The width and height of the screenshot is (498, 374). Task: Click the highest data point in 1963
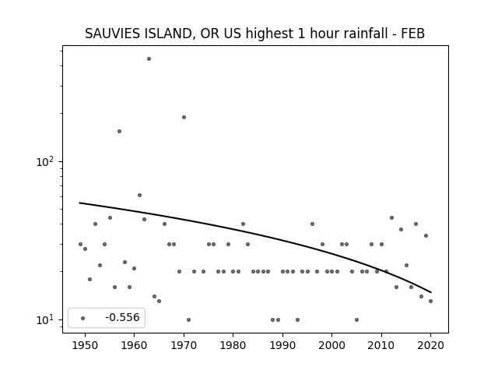(149, 59)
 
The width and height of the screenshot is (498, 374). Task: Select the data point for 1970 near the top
(184, 118)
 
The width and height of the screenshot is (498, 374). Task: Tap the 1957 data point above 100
(119, 132)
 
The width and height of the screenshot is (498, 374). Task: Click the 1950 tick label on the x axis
(85, 345)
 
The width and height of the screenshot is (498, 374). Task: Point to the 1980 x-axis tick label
(233, 345)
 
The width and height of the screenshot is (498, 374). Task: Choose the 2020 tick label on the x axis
(430, 345)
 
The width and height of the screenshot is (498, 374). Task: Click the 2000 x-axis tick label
(332, 345)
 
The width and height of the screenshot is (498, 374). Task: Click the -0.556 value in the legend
(123, 317)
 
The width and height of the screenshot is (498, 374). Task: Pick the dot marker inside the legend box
(83, 318)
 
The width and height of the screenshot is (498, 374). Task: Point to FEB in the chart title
(413, 34)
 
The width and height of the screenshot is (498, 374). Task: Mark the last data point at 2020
(430, 302)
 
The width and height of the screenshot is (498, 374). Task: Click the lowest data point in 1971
(188, 320)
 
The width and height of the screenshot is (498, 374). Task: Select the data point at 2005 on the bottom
(356, 320)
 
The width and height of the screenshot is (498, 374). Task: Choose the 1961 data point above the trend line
(139, 196)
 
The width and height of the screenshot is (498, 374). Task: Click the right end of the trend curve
(431, 292)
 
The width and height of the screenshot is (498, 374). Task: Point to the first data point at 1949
(80, 244)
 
